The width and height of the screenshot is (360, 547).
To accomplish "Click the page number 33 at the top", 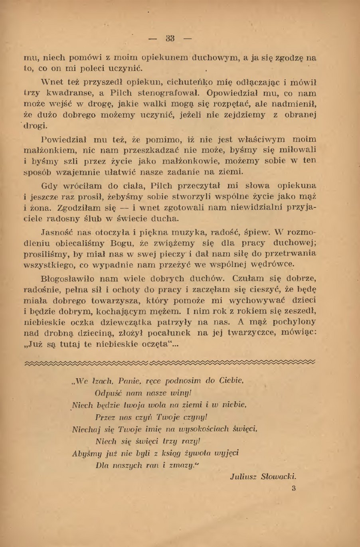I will coord(170,39).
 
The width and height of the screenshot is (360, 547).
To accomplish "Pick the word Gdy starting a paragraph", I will coord(49,186).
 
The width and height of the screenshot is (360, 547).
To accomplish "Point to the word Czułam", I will coord(234,278).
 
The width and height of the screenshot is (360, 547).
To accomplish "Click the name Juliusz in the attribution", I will coord(243,476).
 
